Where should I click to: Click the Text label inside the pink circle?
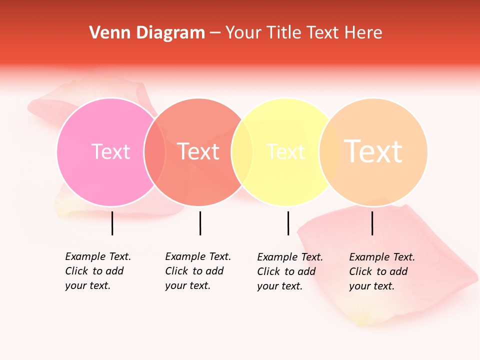[110, 151]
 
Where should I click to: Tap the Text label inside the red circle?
[198, 151]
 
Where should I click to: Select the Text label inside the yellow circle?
[286, 151]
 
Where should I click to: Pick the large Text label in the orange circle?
[373, 151]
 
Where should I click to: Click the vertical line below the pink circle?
[112, 223]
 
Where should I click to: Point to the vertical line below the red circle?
[200, 223]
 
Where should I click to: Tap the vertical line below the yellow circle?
[288, 223]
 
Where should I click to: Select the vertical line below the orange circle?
[372, 223]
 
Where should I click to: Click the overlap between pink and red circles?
[154, 152]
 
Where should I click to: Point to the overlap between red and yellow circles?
[242, 152]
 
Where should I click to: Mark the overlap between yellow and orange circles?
[329, 152]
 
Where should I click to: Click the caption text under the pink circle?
[97, 271]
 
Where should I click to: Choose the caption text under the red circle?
[197, 271]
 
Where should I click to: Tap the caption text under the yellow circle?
[289, 271]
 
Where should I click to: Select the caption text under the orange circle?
[381, 271]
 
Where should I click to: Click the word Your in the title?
[243, 33]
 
